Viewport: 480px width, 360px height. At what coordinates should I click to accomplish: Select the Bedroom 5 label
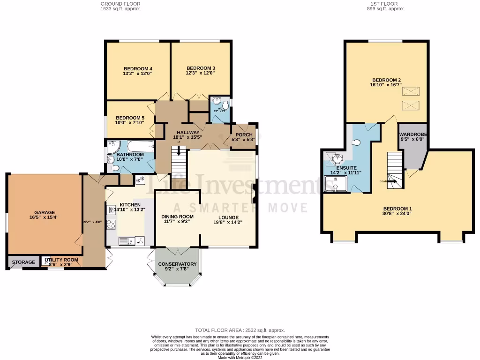click(129, 117)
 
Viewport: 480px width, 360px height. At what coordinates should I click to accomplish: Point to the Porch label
click(244, 135)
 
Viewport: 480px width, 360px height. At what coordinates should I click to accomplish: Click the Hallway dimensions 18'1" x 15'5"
click(188, 138)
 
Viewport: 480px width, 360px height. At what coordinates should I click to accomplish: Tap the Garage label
click(45, 212)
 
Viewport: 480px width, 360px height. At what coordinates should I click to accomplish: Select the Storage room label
click(23, 262)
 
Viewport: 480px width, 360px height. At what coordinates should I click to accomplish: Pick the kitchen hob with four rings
click(112, 225)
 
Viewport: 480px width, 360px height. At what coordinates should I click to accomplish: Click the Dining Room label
click(177, 217)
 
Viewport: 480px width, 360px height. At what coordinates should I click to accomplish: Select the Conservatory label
click(177, 264)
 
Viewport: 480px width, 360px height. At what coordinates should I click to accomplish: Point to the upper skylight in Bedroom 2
click(411, 90)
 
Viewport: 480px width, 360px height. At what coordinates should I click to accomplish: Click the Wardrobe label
click(413, 134)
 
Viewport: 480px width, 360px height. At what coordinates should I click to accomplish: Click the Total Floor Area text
click(240, 330)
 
